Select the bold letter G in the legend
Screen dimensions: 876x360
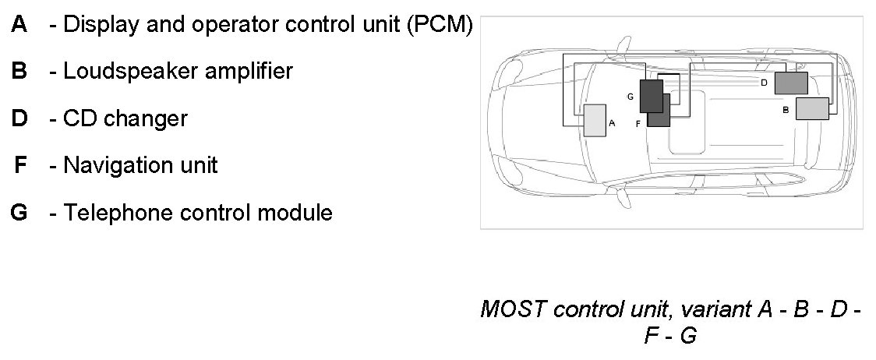point(20,212)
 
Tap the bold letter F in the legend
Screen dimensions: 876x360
point(21,165)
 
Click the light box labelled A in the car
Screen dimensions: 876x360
point(595,121)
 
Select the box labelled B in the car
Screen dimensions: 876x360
point(812,109)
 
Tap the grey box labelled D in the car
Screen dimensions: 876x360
point(791,83)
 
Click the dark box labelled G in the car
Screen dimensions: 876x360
point(651,95)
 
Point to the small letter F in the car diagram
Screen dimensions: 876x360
point(638,123)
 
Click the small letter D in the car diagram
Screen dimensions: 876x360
point(764,82)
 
